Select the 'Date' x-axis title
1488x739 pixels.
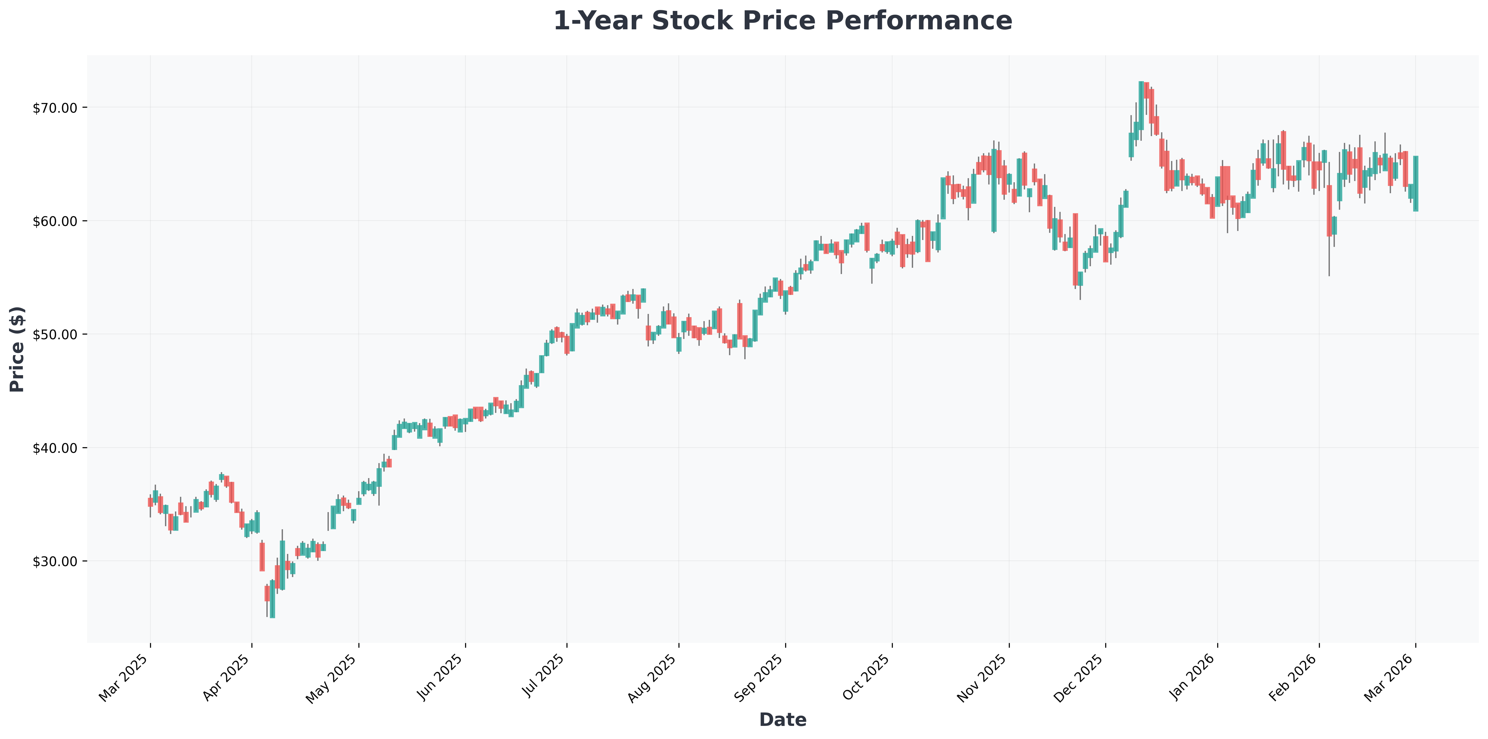[783, 719]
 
